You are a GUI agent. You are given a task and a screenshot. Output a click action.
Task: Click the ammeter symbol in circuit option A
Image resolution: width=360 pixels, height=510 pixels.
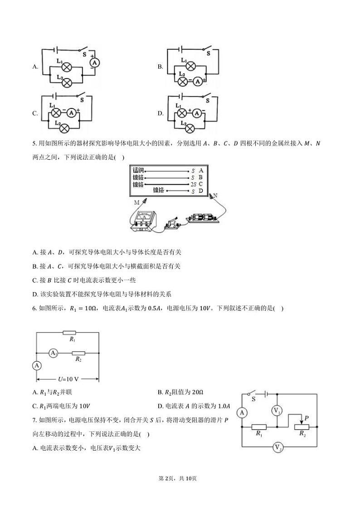click(x=94, y=63)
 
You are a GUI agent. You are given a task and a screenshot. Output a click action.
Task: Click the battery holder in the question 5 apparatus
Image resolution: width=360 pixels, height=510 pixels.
click(x=202, y=217)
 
